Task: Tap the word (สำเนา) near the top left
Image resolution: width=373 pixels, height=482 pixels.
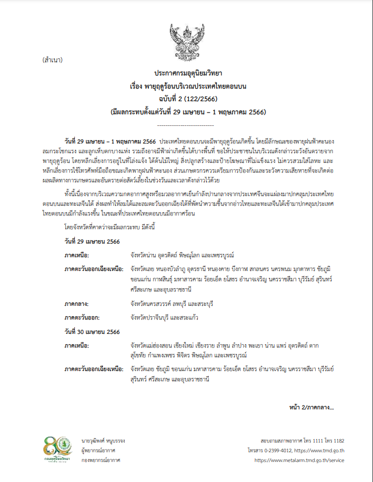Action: pos(53,60)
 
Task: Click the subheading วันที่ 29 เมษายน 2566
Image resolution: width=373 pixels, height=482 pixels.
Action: pos(92,242)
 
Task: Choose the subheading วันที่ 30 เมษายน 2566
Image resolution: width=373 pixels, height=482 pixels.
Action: pos(92,332)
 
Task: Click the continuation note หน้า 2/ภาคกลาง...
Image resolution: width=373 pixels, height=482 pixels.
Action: pos(311,407)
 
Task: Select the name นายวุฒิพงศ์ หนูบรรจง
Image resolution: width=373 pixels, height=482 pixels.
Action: pos(103,441)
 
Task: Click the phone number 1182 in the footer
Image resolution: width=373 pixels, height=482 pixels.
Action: pos(338,441)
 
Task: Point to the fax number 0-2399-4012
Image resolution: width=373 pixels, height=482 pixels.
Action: pos(286,450)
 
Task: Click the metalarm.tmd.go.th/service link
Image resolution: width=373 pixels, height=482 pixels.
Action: pos(299,459)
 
